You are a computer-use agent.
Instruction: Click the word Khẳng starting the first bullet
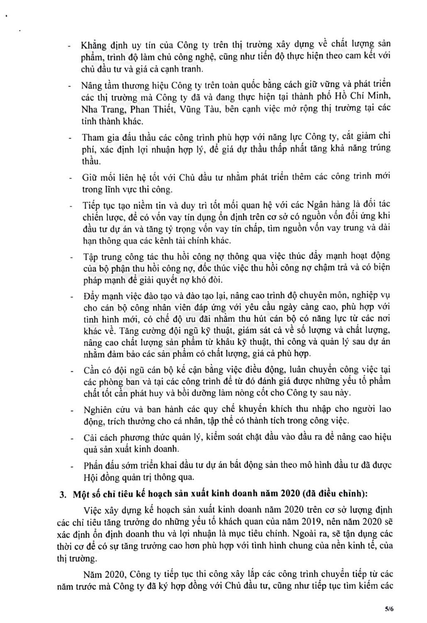point(94,44)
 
